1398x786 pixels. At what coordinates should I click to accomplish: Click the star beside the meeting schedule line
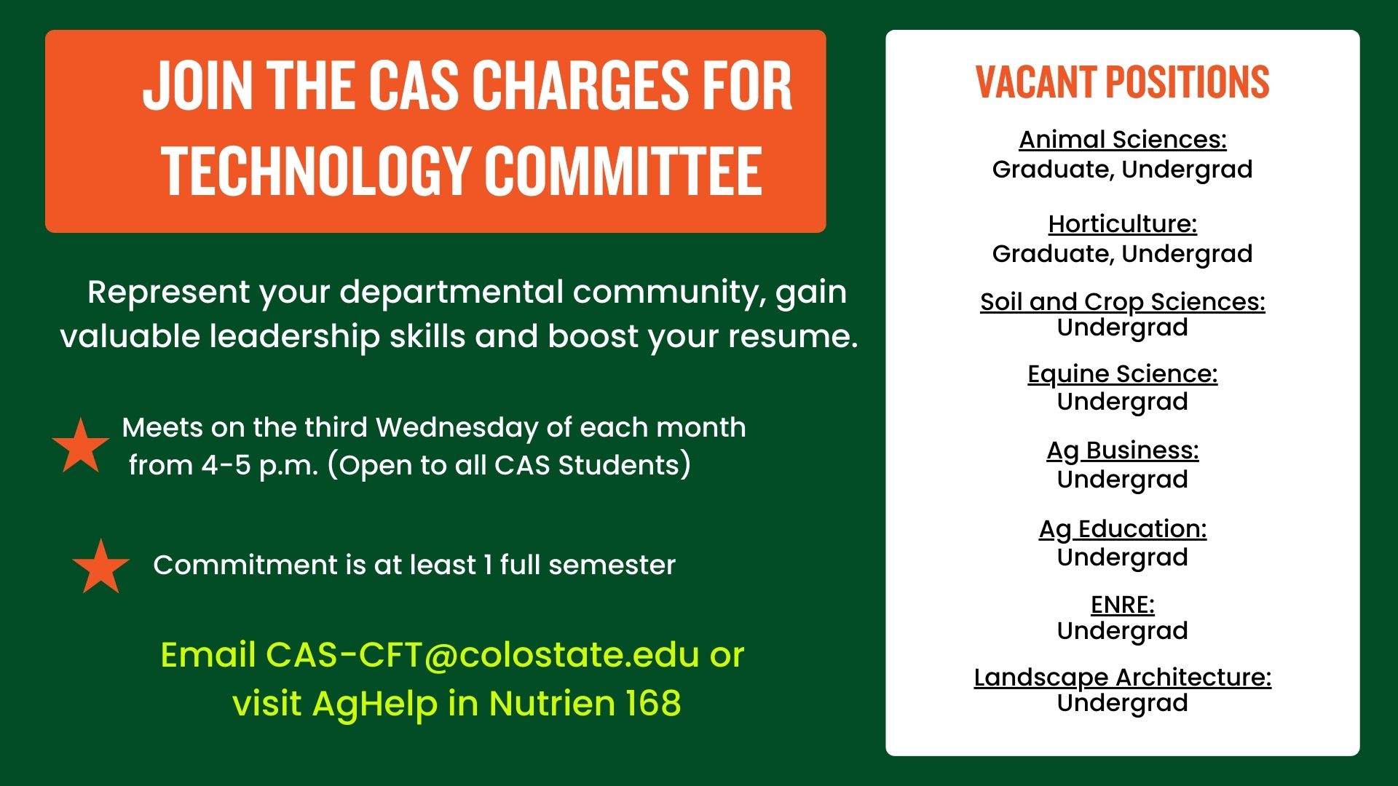pyautogui.click(x=81, y=447)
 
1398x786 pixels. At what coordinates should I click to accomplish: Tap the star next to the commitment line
pyautogui.click(x=101, y=567)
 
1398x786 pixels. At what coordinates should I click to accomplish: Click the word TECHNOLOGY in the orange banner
pyautogui.click(x=315, y=171)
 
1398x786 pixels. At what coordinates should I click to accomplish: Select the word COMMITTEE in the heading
pyautogui.click(x=623, y=171)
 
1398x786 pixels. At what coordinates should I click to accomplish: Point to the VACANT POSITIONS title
pyautogui.click(x=1122, y=82)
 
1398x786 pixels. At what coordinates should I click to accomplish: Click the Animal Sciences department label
pyautogui.click(x=1122, y=139)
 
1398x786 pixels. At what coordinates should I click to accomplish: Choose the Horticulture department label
pyautogui.click(x=1122, y=223)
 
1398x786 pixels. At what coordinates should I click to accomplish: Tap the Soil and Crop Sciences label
pyautogui.click(x=1122, y=301)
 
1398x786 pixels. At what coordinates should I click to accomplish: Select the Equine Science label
pyautogui.click(x=1122, y=373)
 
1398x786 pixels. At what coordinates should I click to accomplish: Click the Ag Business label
pyautogui.click(x=1122, y=450)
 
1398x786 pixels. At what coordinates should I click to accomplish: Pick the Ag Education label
pyautogui.click(x=1122, y=528)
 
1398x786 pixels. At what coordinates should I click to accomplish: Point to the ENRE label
pyautogui.click(x=1122, y=605)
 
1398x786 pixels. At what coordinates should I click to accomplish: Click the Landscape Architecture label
pyautogui.click(x=1122, y=677)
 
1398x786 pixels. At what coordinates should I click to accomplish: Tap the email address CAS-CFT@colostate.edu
pyautogui.click(x=483, y=655)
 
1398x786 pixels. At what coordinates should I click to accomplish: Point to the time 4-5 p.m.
pyautogui.click(x=260, y=466)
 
